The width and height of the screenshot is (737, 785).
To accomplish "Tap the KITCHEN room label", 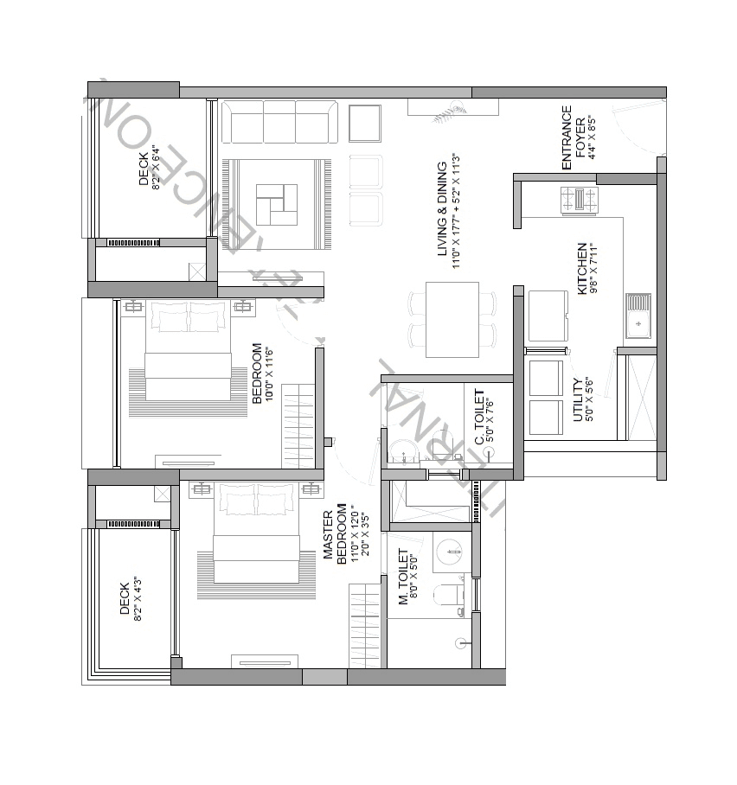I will point(587,269).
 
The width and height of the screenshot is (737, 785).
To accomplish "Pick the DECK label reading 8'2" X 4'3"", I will point(131,598).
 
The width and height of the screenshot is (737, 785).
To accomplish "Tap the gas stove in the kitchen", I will point(575,201).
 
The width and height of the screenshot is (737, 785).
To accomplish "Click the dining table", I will point(452,319).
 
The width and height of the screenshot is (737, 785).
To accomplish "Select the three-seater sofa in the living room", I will point(279,122).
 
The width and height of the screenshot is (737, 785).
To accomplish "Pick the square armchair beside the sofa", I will point(365,123).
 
